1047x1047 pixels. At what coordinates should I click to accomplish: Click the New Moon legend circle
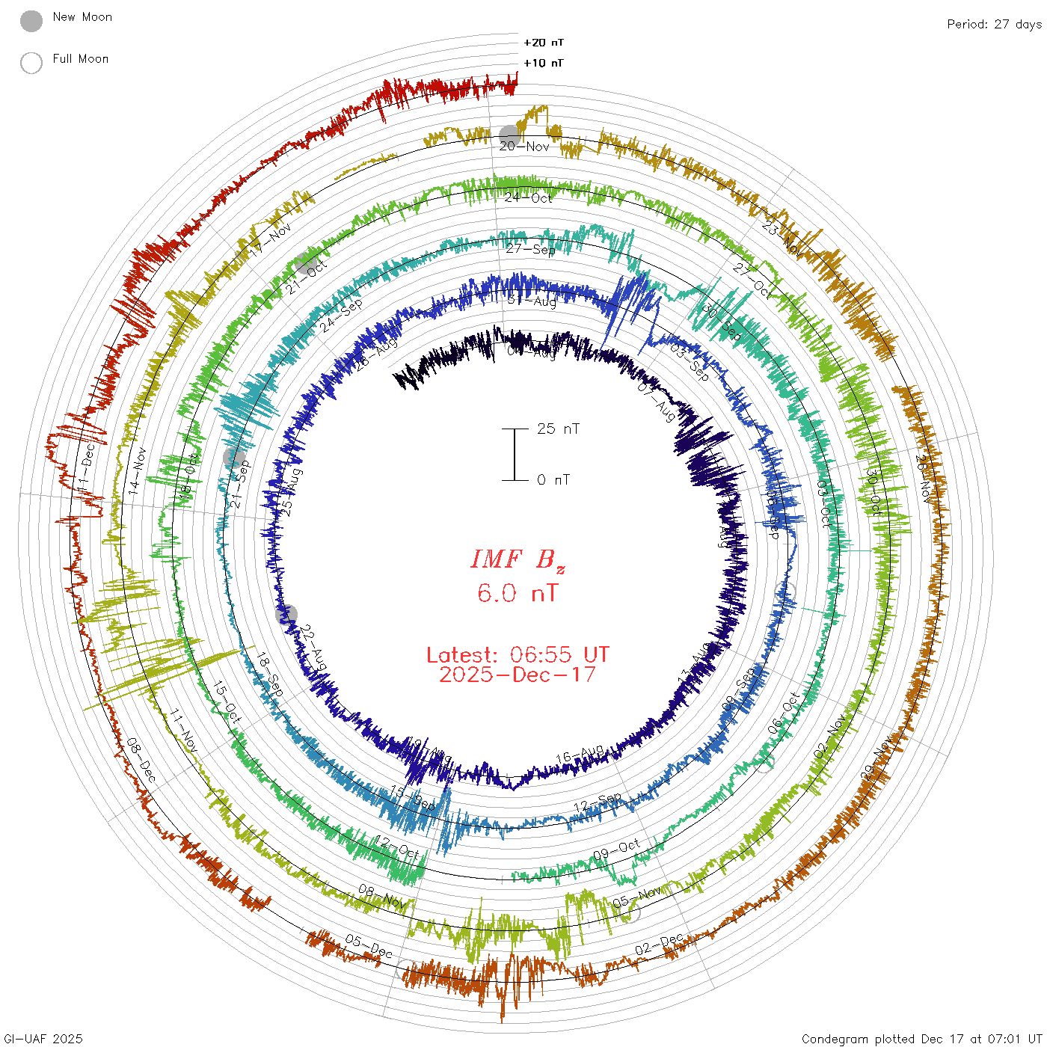point(31,21)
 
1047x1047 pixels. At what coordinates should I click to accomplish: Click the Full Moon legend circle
point(31,63)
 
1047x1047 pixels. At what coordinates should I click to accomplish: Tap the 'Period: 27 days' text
point(994,24)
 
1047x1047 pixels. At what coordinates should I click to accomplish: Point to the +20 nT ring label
point(544,43)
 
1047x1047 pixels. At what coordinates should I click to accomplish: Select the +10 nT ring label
point(544,63)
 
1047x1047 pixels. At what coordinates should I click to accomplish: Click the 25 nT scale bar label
point(558,429)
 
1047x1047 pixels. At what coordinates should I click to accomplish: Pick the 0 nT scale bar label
point(553,479)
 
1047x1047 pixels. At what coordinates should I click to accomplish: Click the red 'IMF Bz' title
point(518,559)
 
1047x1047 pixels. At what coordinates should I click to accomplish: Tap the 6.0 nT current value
point(518,593)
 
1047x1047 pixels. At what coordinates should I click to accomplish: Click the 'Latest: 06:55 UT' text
point(518,655)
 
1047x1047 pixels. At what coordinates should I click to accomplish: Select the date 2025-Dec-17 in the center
point(518,675)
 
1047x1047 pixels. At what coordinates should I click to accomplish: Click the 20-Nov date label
point(524,147)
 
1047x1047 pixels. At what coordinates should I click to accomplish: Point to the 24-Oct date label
point(528,197)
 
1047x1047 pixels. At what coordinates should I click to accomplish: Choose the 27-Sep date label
point(530,249)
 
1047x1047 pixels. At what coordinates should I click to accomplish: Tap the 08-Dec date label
point(141,760)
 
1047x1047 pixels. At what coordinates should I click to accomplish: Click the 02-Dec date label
point(659,945)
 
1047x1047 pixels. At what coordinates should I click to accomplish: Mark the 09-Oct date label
point(617,850)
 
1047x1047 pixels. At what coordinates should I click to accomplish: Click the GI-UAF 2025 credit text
point(43,1039)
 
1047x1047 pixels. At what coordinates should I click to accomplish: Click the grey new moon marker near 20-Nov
point(509,135)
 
